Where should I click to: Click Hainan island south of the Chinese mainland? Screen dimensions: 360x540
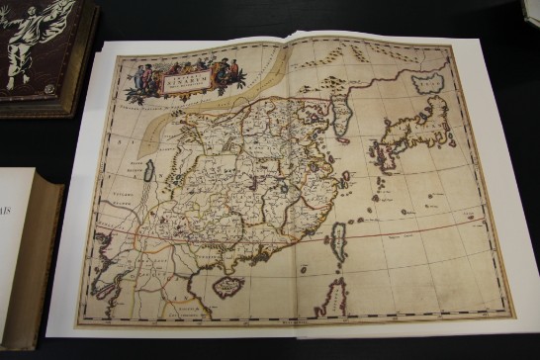pos(229,287)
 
